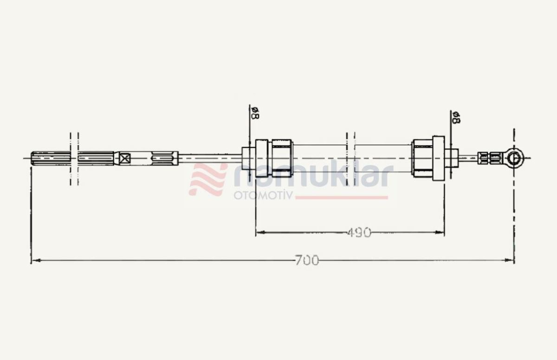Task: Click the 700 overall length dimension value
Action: [x=307, y=260]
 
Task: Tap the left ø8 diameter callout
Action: [x=255, y=113]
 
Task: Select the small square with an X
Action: [x=124, y=159]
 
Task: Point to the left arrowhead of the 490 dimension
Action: [x=261, y=232]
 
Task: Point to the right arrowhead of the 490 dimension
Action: [x=439, y=232]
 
